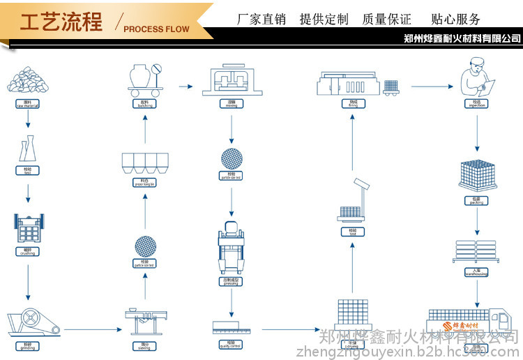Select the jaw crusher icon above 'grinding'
(x=32, y=323)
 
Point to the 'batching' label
(x=144, y=104)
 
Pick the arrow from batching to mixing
(x=185, y=87)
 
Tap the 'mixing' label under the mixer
(x=232, y=104)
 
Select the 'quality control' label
(x=232, y=343)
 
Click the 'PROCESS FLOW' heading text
(x=156, y=29)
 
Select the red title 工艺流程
(x=61, y=22)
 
